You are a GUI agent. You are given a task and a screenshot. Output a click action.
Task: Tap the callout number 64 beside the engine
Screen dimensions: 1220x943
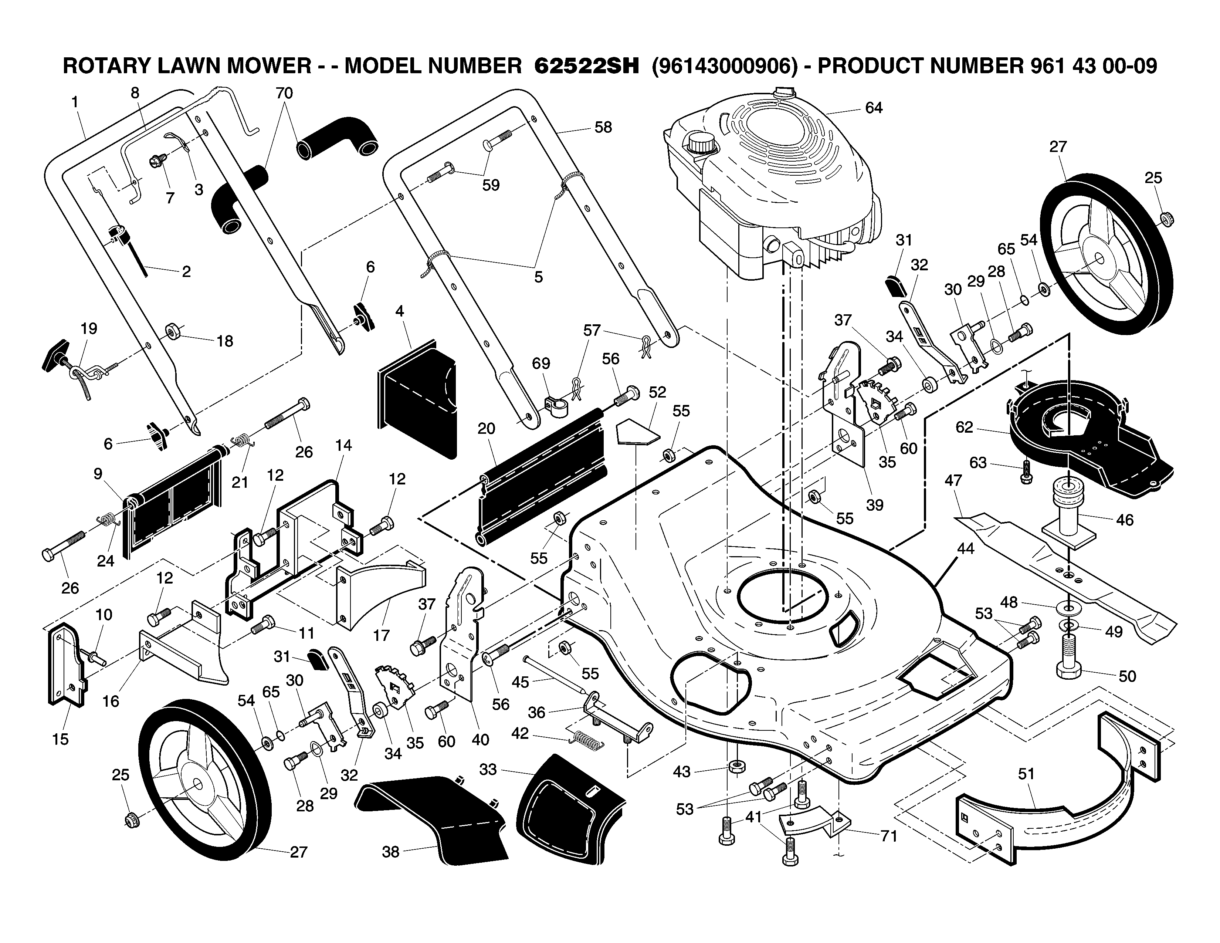pos(874,108)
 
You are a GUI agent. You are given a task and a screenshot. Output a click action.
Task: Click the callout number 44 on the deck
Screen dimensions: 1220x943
pos(965,549)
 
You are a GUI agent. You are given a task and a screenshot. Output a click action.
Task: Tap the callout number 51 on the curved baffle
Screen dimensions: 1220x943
pos(1026,774)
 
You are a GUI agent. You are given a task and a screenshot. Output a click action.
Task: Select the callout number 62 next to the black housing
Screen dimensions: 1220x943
pos(964,427)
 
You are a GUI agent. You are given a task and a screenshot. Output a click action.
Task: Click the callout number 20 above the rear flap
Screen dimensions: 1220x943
pos(486,429)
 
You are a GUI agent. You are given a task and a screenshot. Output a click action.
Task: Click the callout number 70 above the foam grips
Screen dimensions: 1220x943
pos(284,93)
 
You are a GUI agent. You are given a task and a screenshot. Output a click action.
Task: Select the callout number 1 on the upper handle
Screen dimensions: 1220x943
pos(75,102)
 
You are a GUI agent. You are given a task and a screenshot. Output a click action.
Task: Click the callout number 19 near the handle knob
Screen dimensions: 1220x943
pos(89,328)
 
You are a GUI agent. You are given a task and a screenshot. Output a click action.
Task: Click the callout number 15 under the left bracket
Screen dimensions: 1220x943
pos(60,739)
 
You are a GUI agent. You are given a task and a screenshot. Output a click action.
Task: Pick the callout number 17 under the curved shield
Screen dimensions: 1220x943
pos(381,635)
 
